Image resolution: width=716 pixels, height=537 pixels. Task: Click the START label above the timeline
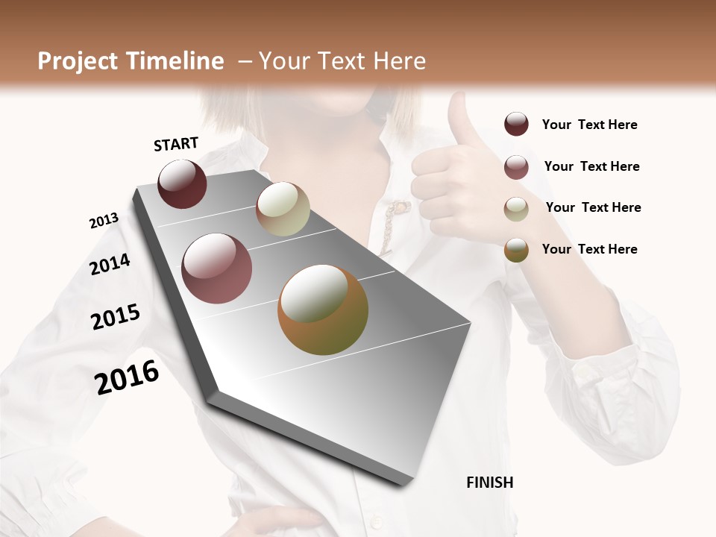pyautogui.click(x=176, y=144)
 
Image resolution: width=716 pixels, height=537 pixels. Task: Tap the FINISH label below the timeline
pyautogui.click(x=490, y=483)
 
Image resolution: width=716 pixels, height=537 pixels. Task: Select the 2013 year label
pyautogui.click(x=104, y=221)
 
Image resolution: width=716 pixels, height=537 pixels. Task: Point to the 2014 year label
pyautogui.click(x=110, y=264)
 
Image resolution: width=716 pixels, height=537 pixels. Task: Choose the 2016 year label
pyautogui.click(x=127, y=377)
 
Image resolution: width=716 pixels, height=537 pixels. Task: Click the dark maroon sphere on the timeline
pyautogui.click(x=182, y=184)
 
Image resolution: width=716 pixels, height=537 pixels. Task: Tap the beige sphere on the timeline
pyautogui.click(x=283, y=209)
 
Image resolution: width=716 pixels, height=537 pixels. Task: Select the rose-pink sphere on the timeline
pyautogui.click(x=217, y=268)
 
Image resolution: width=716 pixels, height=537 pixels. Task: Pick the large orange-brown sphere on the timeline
pyautogui.click(x=323, y=310)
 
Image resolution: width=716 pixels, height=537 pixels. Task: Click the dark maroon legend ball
pyautogui.click(x=516, y=125)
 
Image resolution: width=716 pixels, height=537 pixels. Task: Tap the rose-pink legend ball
pyautogui.click(x=516, y=167)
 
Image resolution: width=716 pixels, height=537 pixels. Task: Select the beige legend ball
pyautogui.click(x=516, y=209)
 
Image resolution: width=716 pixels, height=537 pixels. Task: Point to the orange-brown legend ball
pyautogui.click(x=516, y=250)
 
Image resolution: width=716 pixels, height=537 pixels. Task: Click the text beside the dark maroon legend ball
pyautogui.click(x=589, y=125)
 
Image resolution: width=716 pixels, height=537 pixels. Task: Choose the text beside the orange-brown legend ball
pyautogui.click(x=589, y=249)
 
